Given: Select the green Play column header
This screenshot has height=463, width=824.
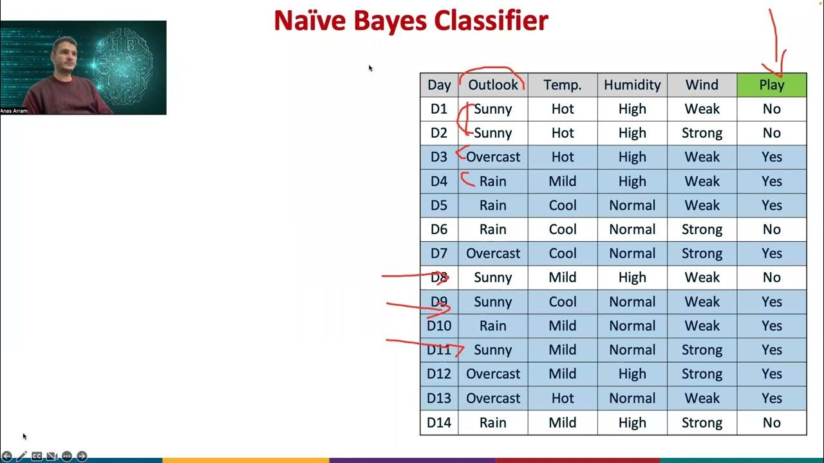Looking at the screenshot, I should tap(771, 85).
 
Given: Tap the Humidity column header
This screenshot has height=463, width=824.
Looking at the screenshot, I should tap(632, 85).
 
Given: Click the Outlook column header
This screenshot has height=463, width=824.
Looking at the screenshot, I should tap(492, 85).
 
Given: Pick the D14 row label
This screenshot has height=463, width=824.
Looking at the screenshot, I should tap(438, 422).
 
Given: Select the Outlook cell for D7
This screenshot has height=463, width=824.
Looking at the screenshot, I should tap(492, 253).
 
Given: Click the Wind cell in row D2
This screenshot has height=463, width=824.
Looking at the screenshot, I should tap(702, 133).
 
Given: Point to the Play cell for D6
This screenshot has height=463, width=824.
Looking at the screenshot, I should tap(771, 230).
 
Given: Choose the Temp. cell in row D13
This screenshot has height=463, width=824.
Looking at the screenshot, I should tap(562, 398).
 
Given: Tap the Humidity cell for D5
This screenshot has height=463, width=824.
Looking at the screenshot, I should tap(632, 205).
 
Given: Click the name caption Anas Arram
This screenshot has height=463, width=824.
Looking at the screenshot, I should tap(14, 111).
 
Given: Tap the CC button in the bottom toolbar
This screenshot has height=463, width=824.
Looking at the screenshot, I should tap(37, 456).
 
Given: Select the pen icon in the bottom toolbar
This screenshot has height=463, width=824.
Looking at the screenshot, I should tap(22, 456).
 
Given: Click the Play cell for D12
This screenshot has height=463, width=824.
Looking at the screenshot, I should tap(771, 374).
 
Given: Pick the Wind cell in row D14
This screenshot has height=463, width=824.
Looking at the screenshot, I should tap(702, 422).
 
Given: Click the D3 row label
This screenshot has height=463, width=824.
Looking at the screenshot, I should tap(438, 157).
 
